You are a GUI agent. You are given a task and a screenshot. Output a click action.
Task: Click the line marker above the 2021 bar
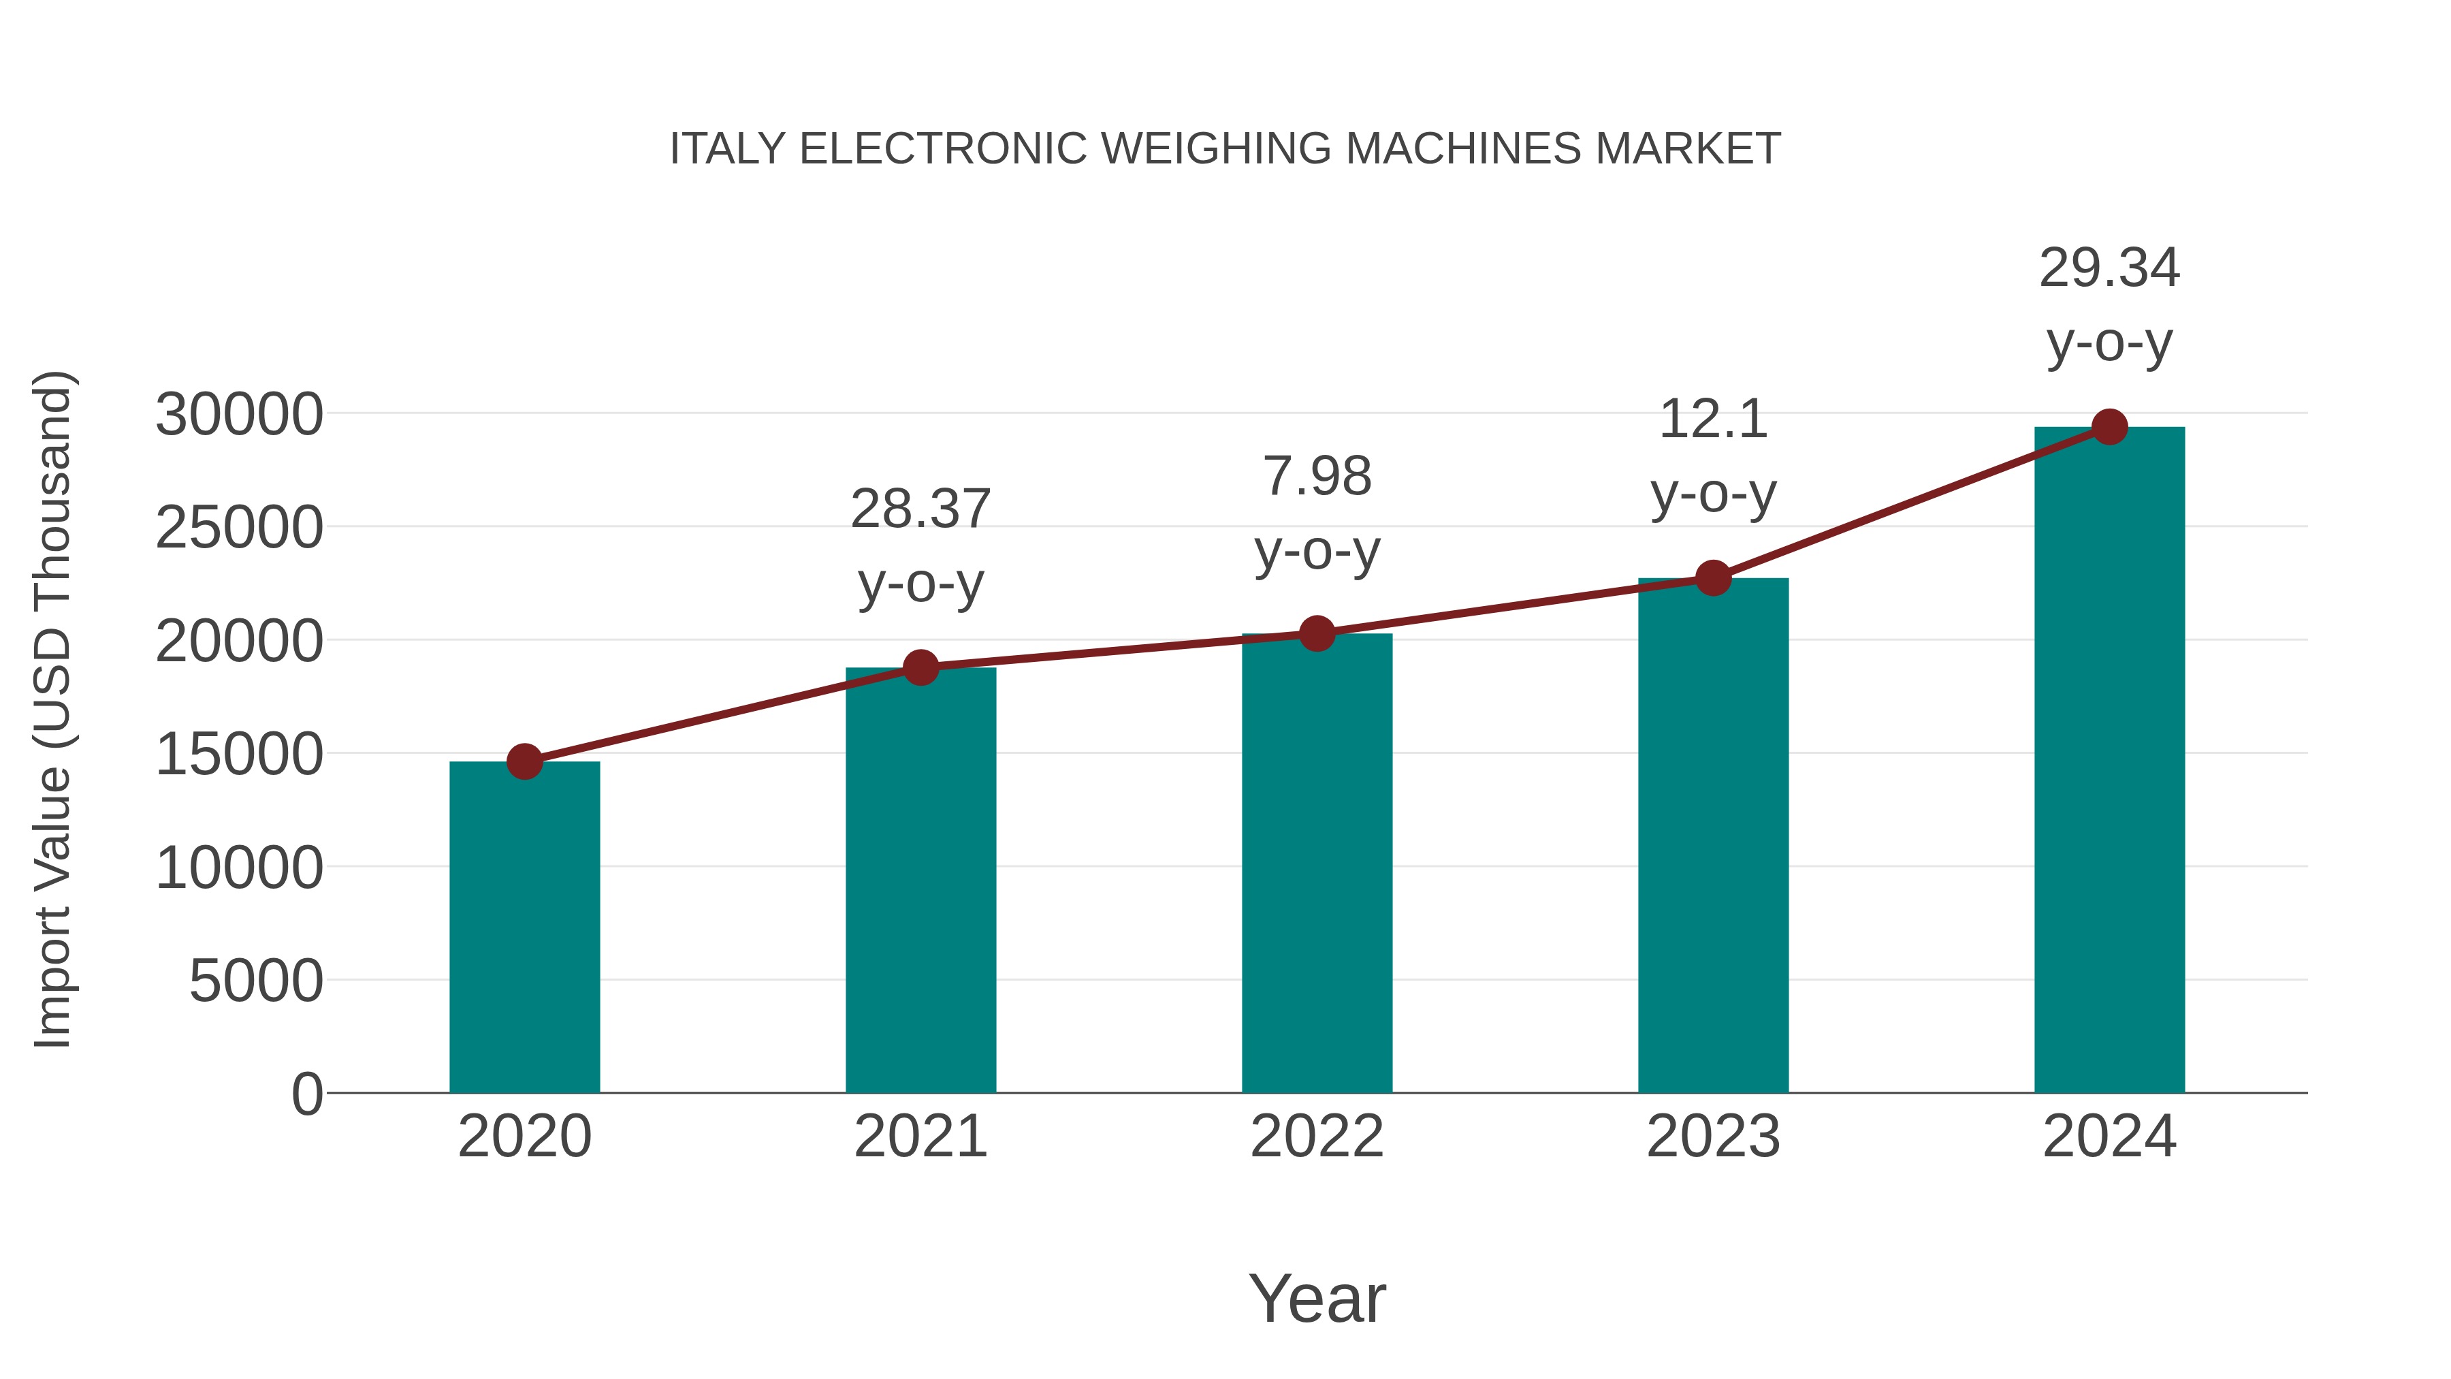click(921, 667)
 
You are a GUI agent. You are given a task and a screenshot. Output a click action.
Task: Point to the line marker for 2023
click(1714, 577)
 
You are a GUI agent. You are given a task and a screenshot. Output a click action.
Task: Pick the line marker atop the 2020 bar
click(524, 761)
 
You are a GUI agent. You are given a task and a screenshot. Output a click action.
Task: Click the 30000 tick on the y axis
click(240, 415)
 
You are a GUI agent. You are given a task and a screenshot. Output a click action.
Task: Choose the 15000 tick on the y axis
click(240, 755)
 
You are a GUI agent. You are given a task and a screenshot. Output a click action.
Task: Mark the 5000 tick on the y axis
click(257, 981)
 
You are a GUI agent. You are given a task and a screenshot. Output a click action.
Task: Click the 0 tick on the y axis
click(307, 1094)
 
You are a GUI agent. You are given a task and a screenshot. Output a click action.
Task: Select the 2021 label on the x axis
click(921, 1137)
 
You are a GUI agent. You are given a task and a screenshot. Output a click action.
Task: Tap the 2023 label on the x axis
click(1714, 1137)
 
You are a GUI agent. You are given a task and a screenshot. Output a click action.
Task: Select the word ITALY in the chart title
click(728, 149)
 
